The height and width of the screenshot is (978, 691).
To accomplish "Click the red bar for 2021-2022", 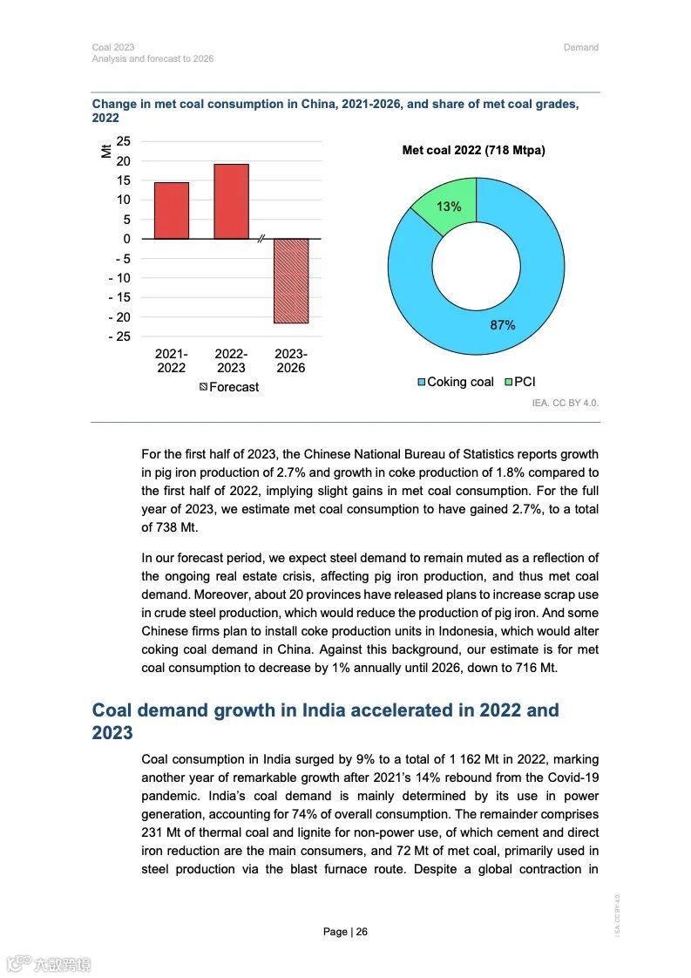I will (172, 210).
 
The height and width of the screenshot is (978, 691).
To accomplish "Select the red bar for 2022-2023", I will (231, 201).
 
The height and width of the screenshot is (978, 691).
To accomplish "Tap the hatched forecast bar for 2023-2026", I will (291, 281).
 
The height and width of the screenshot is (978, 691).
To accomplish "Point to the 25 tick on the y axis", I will (123, 141).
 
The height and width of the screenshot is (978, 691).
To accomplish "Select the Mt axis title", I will (106, 152).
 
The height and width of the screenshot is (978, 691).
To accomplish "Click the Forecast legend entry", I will (229, 387).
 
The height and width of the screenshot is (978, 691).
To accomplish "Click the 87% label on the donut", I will (502, 325).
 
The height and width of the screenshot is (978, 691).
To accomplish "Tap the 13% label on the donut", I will (449, 207).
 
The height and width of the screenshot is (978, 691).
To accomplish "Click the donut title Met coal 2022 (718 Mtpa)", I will (473, 151).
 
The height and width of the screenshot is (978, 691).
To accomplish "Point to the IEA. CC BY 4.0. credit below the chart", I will (566, 404).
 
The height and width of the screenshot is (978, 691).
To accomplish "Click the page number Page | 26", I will (345, 932).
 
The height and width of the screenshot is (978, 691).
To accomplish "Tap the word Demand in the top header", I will (581, 47).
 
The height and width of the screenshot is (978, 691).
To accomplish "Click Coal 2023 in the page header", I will (113, 47).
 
